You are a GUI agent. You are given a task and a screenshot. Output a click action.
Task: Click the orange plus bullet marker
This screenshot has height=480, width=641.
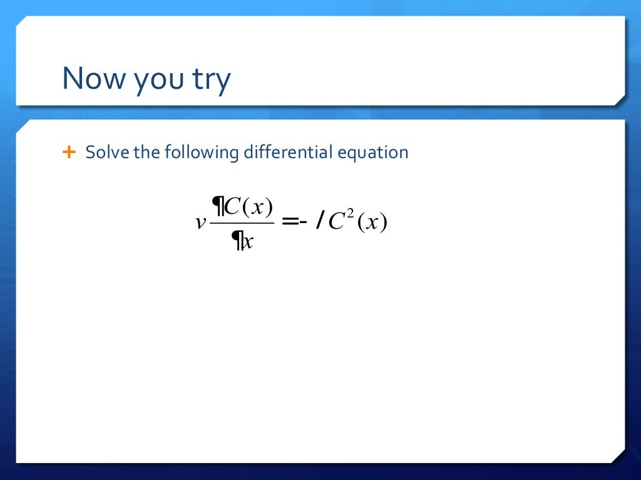pos(69,152)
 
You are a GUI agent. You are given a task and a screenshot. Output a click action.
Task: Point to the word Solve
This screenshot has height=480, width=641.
pos(106,152)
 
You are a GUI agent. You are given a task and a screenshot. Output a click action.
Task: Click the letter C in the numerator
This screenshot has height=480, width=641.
pos(232,206)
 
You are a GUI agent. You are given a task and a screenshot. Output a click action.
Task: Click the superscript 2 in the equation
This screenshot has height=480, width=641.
pos(352,216)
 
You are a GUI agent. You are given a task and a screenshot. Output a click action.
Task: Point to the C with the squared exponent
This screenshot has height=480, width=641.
pos(337,223)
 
